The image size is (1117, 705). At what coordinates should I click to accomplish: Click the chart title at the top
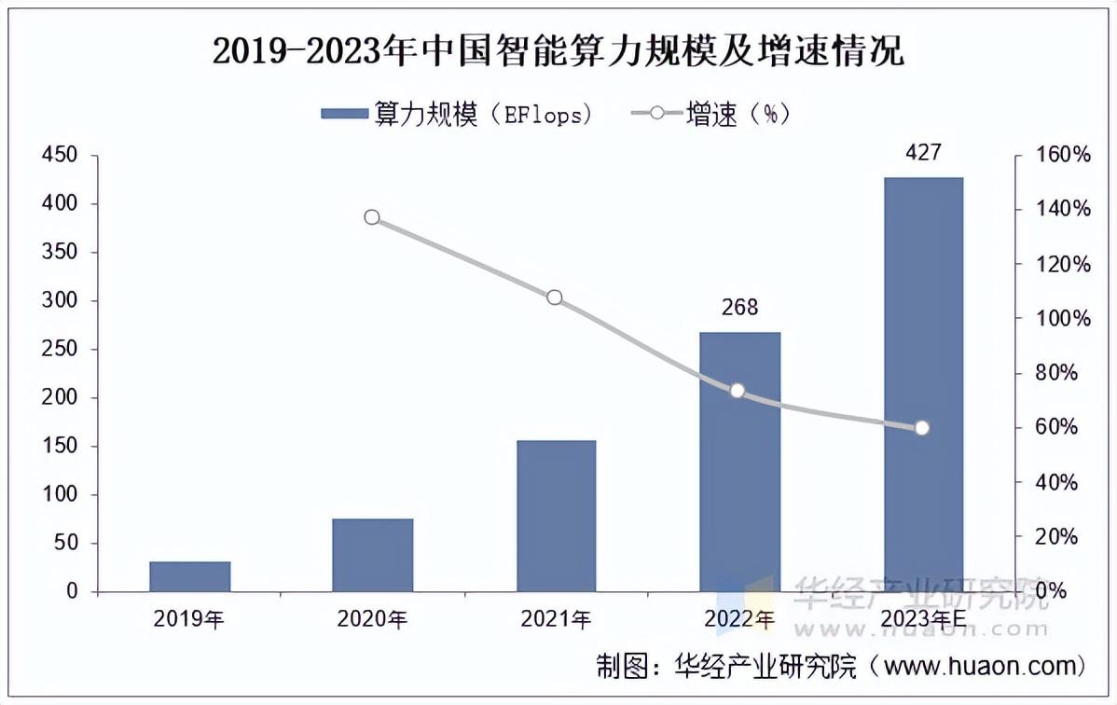pyautogui.click(x=558, y=50)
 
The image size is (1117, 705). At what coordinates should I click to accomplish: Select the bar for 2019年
pyautogui.click(x=189, y=576)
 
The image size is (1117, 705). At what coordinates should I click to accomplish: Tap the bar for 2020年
pyautogui.click(x=372, y=555)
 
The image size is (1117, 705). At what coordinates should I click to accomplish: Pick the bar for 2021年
pyautogui.click(x=556, y=516)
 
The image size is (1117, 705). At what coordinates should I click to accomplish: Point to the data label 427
pyautogui.click(x=923, y=152)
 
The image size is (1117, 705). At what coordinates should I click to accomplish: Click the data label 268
pyautogui.click(x=739, y=307)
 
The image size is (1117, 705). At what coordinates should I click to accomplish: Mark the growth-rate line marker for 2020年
pyautogui.click(x=372, y=217)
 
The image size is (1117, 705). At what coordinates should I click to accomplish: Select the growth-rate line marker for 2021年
pyautogui.click(x=555, y=297)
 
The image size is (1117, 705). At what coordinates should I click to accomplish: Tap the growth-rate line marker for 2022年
pyautogui.click(x=738, y=391)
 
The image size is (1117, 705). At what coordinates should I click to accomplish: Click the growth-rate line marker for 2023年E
pyautogui.click(x=922, y=428)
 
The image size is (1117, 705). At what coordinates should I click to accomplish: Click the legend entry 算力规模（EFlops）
pyautogui.click(x=457, y=114)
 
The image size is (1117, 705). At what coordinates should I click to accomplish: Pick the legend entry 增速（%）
pyautogui.click(x=713, y=114)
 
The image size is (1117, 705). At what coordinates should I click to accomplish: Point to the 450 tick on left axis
pyautogui.click(x=61, y=155)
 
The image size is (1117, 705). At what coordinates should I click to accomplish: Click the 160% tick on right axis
pyautogui.click(x=1063, y=155)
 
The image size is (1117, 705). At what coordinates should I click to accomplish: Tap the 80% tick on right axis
pyautogui.click(x=1063, y=373)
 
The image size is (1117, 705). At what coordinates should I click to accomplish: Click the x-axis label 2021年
pyautogui.click(x=556, y=619)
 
